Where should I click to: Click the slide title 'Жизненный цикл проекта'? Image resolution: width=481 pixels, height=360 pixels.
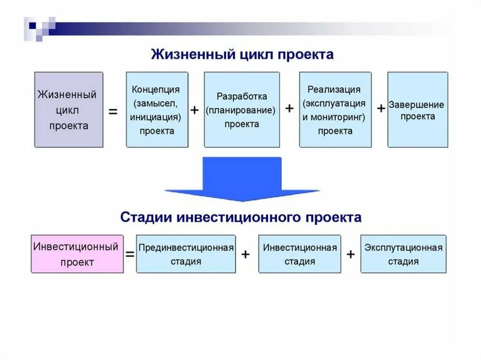pos(242,54)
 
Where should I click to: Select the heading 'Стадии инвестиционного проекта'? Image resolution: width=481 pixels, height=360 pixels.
pos(241,217)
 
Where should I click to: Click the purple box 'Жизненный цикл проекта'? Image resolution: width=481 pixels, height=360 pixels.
pos(69,110)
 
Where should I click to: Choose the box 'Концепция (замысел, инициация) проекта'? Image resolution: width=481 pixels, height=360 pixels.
pos(157,110)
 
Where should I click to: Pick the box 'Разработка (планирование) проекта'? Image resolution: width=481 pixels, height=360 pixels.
pos(241,110)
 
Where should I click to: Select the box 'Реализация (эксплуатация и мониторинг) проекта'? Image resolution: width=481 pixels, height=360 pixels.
pos(335,110)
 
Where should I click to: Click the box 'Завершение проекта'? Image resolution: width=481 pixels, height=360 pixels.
pos(418,110)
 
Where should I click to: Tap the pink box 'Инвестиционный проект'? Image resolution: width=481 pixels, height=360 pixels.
pos(77,254)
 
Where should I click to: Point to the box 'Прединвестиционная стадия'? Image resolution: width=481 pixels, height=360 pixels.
pos(186,254)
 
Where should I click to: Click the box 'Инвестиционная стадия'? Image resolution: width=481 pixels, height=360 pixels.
pos(300,254)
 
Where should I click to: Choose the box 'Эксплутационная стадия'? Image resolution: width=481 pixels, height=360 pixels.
pos(403,254)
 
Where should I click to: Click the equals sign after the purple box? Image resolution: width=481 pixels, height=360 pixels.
pos(113,112)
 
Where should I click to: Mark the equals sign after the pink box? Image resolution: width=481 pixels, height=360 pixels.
pos(130,254)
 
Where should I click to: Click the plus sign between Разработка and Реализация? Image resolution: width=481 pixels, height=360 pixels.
pos(290,108)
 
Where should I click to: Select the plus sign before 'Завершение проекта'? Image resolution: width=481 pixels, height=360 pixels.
pos(381,108)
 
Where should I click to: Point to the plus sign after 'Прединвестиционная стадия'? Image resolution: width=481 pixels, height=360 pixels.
pos(245,254)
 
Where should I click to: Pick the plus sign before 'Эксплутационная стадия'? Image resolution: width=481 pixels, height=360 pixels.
pos(350,254)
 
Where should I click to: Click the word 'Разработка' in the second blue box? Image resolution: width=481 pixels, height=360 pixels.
pos(241,96)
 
